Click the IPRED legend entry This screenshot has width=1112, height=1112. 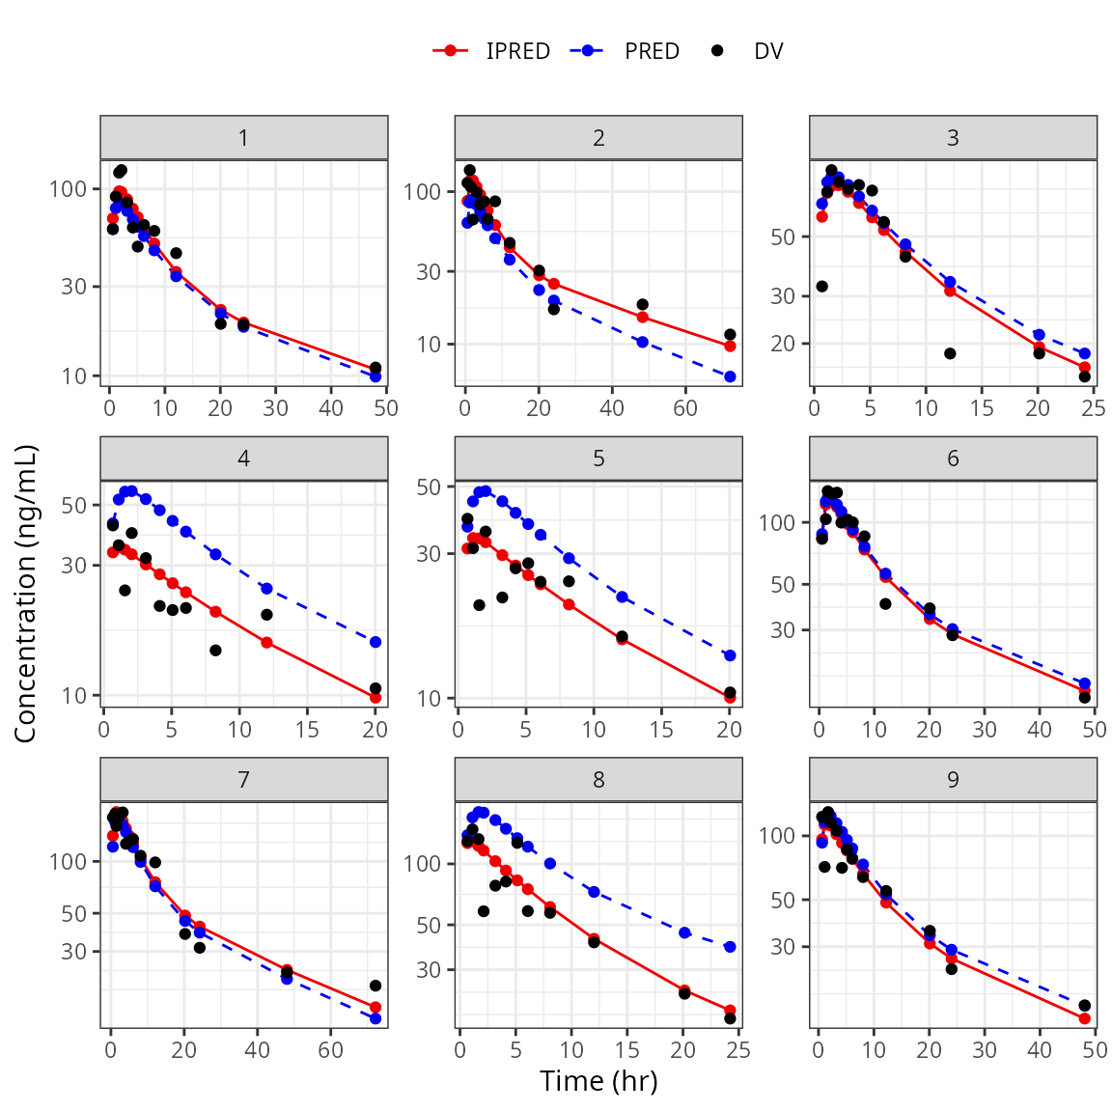pyautogui.click(x=492, y=51)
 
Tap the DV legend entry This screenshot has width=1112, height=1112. pyautogui.click(x=749, y=51)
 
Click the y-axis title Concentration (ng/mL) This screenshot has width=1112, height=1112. pyautogui.click(x=25, y=593)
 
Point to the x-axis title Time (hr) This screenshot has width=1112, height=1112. pyautogui.click(x=598, y=1081)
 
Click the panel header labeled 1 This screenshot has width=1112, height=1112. pyautogui.click(x=244, y=138)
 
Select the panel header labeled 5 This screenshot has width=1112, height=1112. pyautogui.click(x=598, y=459)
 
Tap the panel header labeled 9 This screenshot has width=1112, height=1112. pyautogui.click(x=953, y=780)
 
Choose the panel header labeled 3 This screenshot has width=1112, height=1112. pyautogui.click(x=953, y=138)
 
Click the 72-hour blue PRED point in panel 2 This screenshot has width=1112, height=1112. pyautogui.click(x=730, y=376)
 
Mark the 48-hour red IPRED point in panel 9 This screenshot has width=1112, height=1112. pyautogui.click(x=1084, y=1018)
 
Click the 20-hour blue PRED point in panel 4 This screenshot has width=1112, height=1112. pyautogui.click(x=375, y=642)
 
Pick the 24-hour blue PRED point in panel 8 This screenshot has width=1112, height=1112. pyautogui.click(x=730, y=947)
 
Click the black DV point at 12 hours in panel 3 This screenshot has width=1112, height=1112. pyautogui.click(x=950, y=353)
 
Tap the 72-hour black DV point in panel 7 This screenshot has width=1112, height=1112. pyautogui.click(x=375, y=986)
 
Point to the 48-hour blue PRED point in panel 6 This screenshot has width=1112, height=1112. pyautogui.click(x=1084, y=683)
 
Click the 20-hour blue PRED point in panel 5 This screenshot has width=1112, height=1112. pyautogui.click(x=730, y=655)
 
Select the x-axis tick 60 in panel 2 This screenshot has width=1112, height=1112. pyautogui.click(x=685, y=408)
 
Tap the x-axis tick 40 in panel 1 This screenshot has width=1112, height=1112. pyautogui.click(x=331, y=408)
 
